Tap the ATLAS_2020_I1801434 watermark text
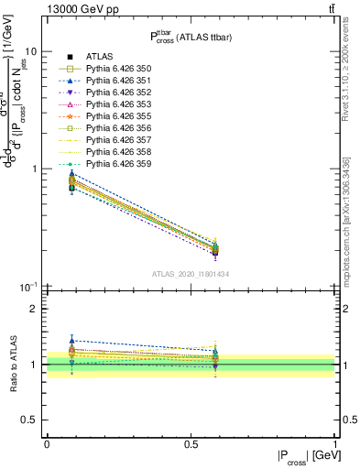tap(191, 274)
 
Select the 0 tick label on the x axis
tap(46, 443)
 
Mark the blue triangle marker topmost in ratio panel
tap(71, 340)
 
